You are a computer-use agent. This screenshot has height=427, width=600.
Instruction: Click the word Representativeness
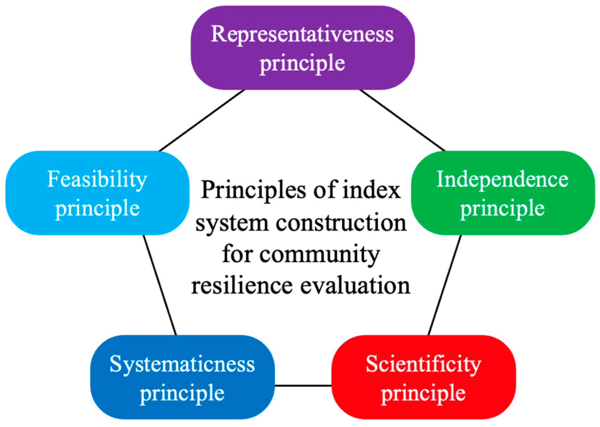302,34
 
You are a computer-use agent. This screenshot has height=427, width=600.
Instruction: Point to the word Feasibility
97,179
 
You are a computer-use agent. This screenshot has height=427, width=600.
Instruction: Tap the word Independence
502,179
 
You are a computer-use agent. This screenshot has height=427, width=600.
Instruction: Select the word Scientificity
423,364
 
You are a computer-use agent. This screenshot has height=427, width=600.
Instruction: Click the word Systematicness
182,364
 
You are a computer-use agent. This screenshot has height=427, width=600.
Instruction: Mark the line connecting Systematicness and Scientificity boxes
303,385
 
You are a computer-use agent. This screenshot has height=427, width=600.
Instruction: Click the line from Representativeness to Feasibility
202,120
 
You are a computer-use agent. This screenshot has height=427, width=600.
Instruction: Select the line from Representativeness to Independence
402,120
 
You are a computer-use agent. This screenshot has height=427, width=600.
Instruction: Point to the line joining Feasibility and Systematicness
160,285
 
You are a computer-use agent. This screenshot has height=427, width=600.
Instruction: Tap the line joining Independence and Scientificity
445,285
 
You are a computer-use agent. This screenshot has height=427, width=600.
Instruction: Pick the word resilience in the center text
242,286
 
